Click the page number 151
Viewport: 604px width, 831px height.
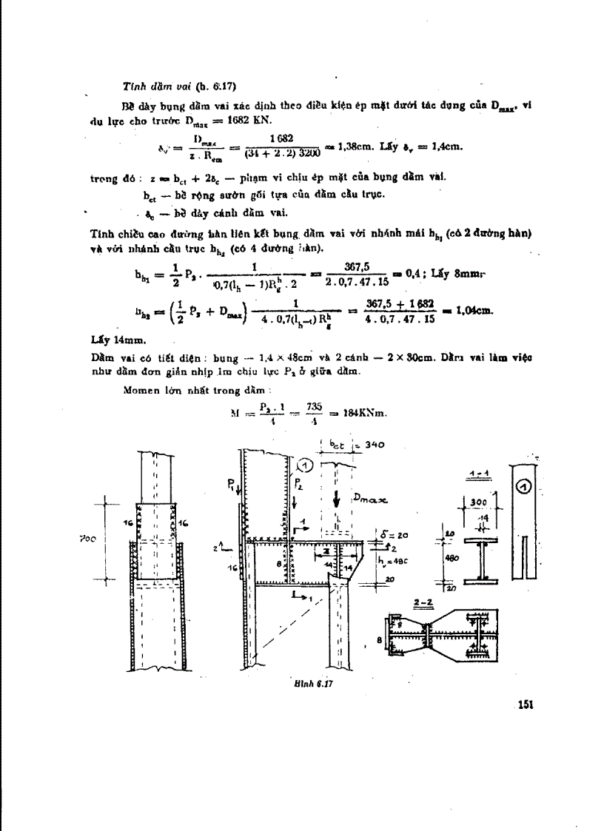pyautogui.click(x=526, y=704)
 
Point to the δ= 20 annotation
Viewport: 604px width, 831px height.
pyautogui.click(x=395, y=534)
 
